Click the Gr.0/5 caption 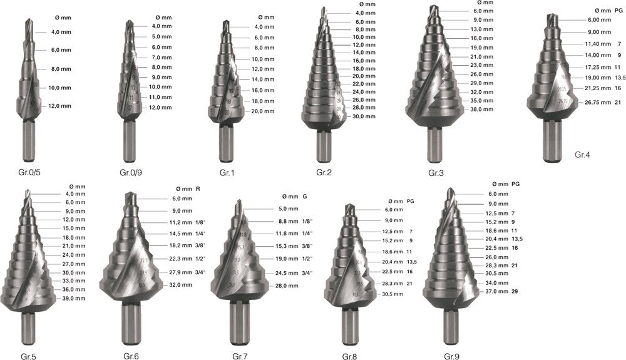(29, 172)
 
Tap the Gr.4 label (582, 155)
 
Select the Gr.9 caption (451, 356)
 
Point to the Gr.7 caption (240, 356)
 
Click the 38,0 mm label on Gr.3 (481, 109)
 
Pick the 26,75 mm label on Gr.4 (598, 102)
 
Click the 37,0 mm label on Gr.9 (496, 291)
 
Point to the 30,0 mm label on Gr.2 (364, 116)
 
